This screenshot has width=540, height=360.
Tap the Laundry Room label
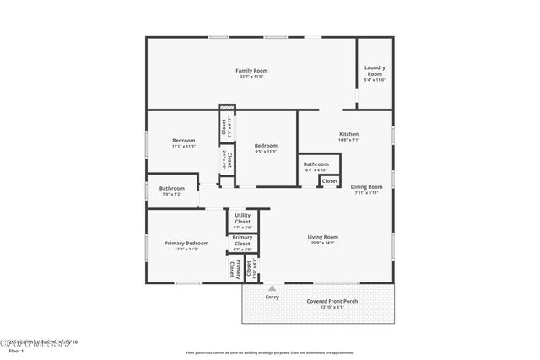pyautogui.click(x=374, y=71)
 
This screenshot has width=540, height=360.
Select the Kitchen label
pyautogui.click(x=348, y=134)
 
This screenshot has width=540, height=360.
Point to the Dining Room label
pyautogui.click(x=366, y=186)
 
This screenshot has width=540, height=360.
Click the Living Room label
pyautogui.click(x=322, y=237)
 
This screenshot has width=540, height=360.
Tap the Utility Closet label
pyautogui.click(x=242, y=218)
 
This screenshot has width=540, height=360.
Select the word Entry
pyautogui.click(x=272, y=297)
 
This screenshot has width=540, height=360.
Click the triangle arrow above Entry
pyautogui.click(x=272, y=287)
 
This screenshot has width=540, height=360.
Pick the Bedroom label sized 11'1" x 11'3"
pyautogui.click(x=183, y=140)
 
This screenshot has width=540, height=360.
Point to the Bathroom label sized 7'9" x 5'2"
pyautogui.click(x=171, y=188)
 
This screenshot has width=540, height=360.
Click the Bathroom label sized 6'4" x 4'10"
pyautogui.click(x=316, y=164)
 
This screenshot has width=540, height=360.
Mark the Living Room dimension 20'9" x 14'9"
pyautogui.click(x=322, y=244)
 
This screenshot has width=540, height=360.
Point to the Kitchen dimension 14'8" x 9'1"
pyautogui.click(x=348, y=141)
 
